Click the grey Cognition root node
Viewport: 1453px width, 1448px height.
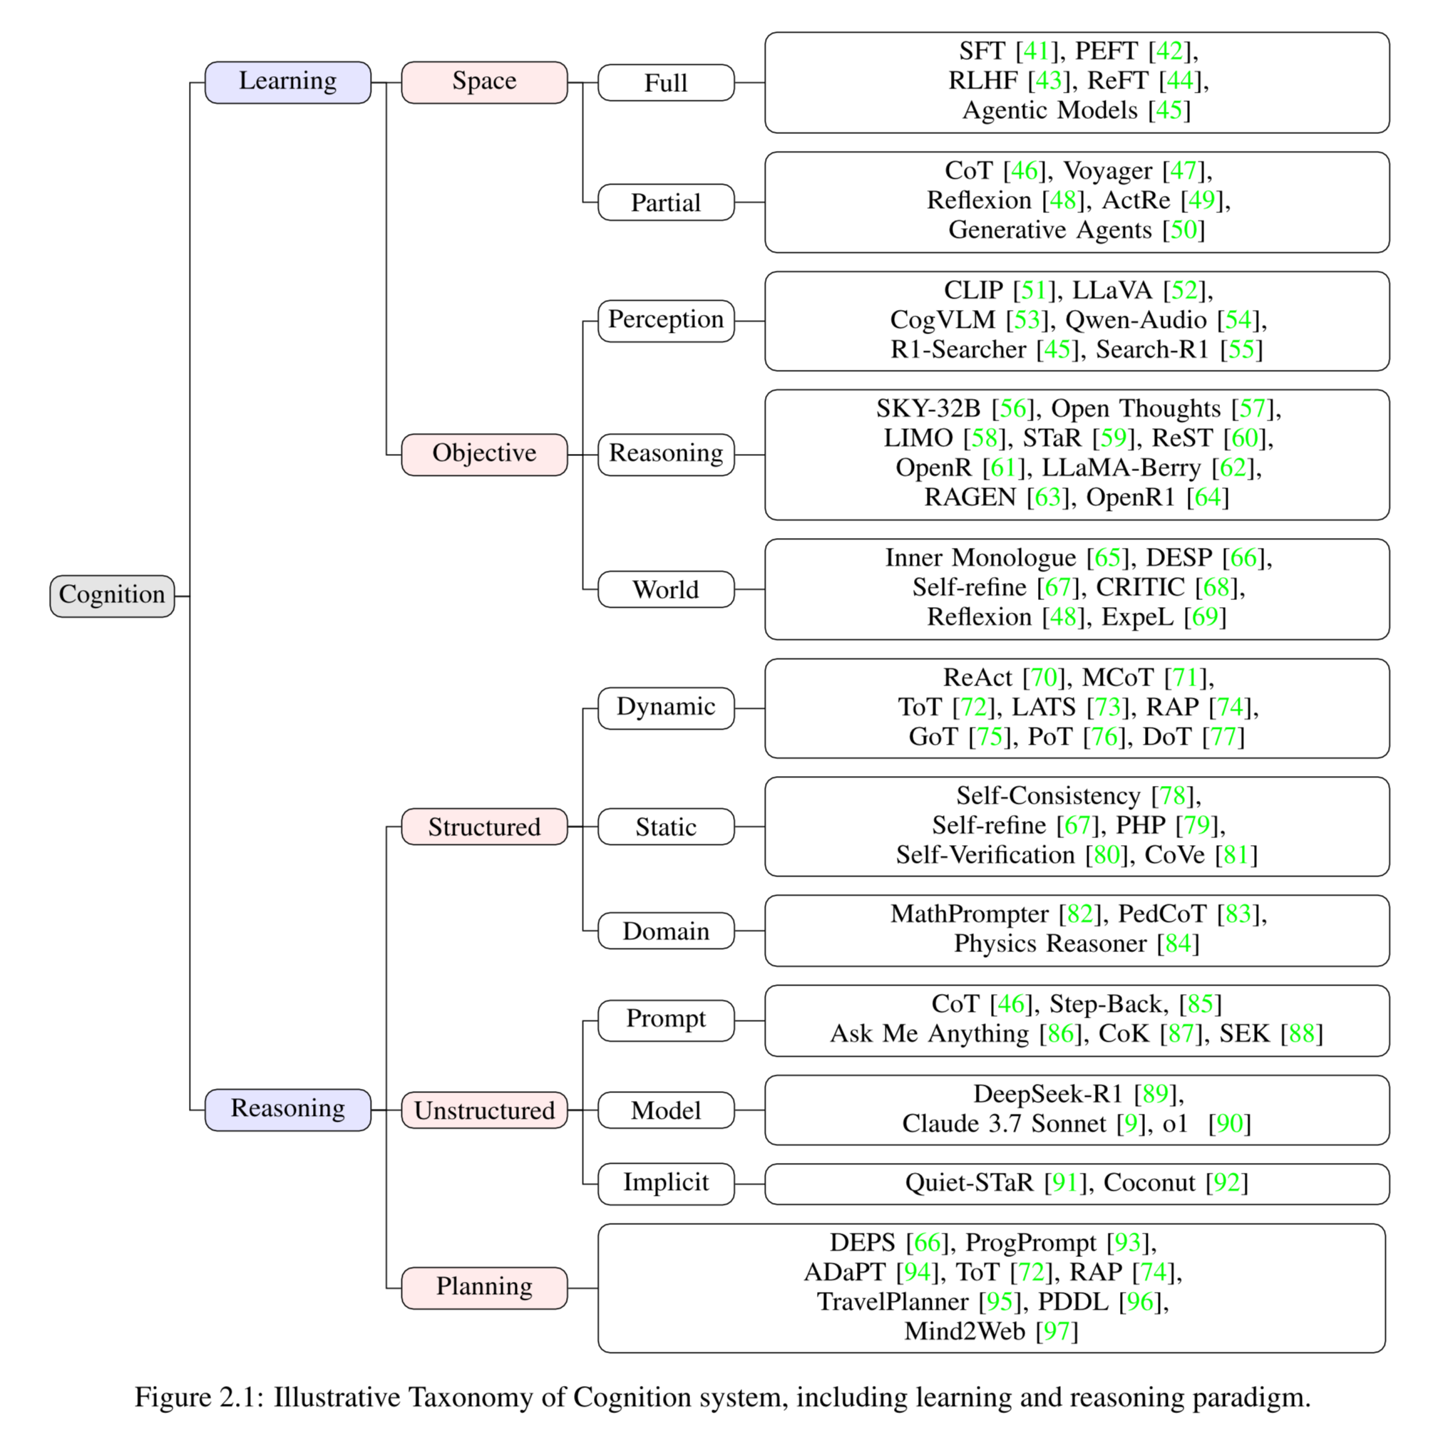(x=112, y=596)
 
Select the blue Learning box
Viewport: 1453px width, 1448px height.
(x=288, y=82)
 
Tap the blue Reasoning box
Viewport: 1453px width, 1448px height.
(x=288, y=1110)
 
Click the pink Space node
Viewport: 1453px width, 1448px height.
(x=484, y=82)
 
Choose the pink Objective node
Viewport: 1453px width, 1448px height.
(x=484, y=454)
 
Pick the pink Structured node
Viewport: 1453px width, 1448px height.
(x=484, y=827)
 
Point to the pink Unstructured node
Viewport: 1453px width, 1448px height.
(x=484, y=1110)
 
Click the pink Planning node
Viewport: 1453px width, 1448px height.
(x=484, y=1288)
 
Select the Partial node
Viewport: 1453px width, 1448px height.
(x=666, y=202)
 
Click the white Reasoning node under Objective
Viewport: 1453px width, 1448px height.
(x=666, y=454)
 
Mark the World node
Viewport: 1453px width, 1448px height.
(x=666, y=589)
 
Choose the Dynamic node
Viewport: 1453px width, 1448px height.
(x=666, y=708)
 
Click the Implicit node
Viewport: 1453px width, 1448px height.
(x=666, y=1184)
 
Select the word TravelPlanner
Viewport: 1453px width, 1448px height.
(x=893, y=1301)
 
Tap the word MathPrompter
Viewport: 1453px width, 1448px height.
(x=970, y=914)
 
